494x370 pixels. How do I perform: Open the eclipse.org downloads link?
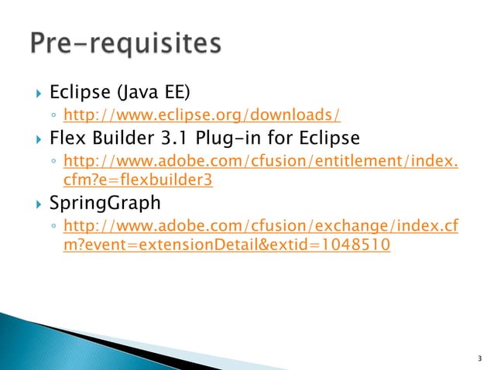(201, 116)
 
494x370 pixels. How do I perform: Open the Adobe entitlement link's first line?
(259, 162)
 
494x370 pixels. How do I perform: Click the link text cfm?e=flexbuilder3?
(137, 180)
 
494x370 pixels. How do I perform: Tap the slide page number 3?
(480, 358)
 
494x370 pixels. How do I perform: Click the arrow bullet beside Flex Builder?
(36, 140)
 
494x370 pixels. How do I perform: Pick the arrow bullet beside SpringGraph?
(36, 206)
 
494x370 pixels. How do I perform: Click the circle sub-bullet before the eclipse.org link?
(52, 117)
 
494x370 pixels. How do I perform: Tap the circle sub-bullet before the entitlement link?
(52, 163)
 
